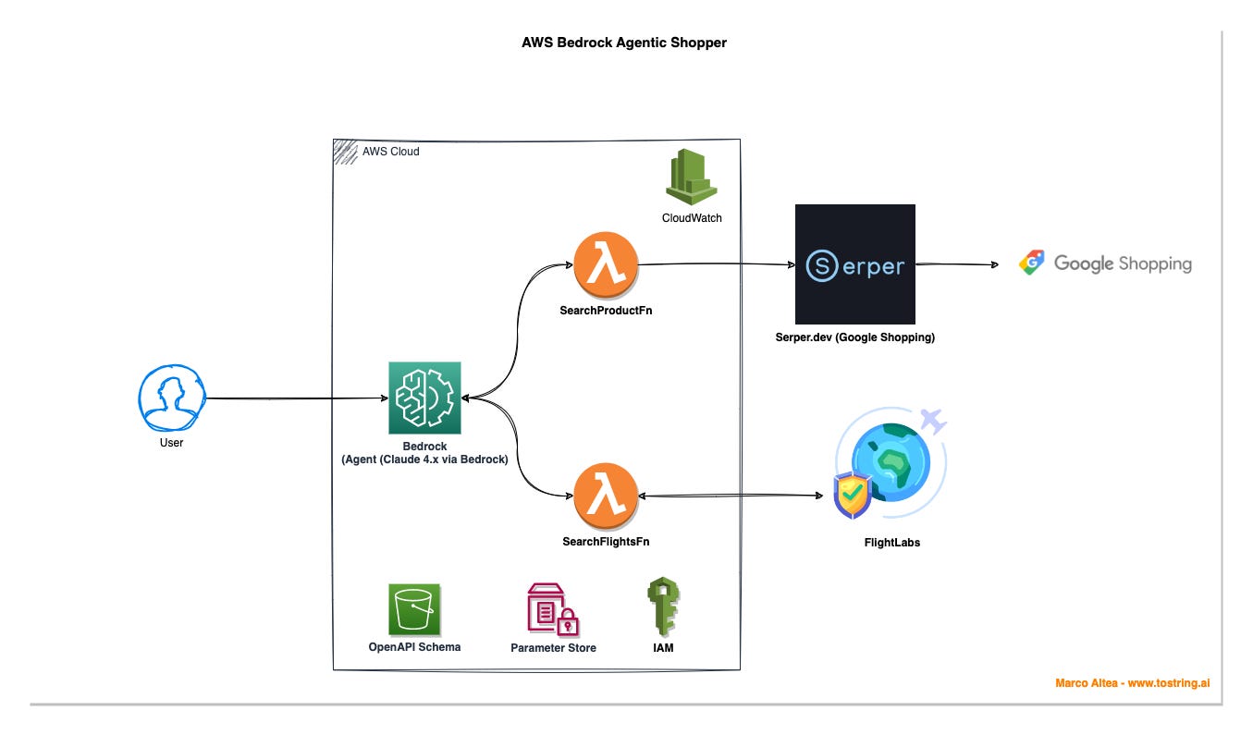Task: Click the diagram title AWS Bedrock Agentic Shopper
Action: click(x=623, y=43)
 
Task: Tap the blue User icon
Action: click(x=172, y=398)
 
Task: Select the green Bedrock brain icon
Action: click(x=424, y=398)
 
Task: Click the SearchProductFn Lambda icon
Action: click(x=606, y=264)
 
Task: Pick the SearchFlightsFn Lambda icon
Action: click(x=606, y=496)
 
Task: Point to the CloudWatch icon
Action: click(x=692, y=177)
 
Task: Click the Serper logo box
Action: click(x=855, y=264)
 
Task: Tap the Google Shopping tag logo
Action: click(x=1032, y=263)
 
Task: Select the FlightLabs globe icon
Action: click(x=890, y=463)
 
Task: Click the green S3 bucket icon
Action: click(x=414, y=609)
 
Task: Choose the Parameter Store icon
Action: click(x=553, y=609)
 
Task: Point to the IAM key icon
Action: click(x=663, y=606)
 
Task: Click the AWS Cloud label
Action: click(x=390, y=152)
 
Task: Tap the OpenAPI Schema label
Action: click(x=414, y=647)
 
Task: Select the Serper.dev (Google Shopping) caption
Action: click(x=854, y=337)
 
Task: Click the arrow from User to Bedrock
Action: click(x=297, y=398)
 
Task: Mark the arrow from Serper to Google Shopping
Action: click(x=957, y=264)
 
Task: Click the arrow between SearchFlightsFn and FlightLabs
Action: click(x=731, y=495)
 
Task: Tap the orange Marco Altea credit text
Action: click(x=1133, y=683)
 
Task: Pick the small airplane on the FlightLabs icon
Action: click(x=933, y=421)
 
